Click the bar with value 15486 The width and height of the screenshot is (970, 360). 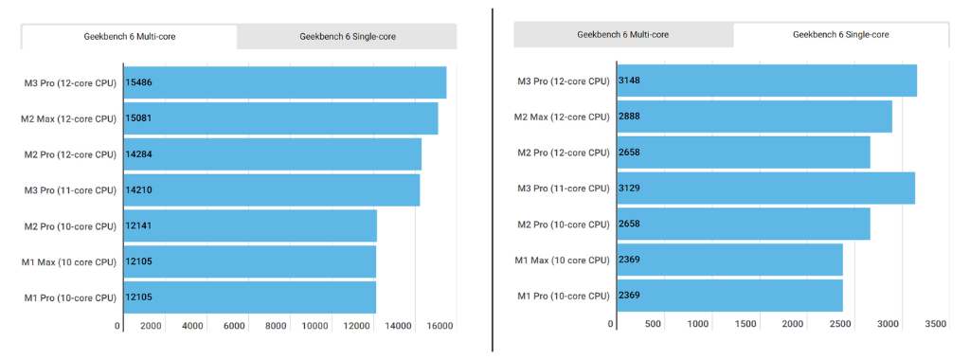pyautogui.click(x=284, y=82)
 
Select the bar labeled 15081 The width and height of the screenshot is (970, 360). pyautogui.click(x=280, y=118)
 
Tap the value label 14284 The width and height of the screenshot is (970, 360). pyautogui.click(x=139, y=154)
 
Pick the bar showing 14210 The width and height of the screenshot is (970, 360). pyautogui.click(x=271, y=190)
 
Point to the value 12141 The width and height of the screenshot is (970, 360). pyautogui.click(x=139, y=226)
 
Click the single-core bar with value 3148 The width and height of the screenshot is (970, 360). pyautogui.click(x=766, y=81)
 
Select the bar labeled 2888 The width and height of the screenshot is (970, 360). pyautogui.click(x=754, y=117)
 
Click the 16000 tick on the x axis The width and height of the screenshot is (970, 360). pyautogui.click(x=440, y=326)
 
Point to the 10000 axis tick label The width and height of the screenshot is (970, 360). pyautogui.click(x=315, y=326)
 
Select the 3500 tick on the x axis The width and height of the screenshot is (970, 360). pyautogui.click(x=935, y=324)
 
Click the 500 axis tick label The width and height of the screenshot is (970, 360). pyautogui.click(x=653, y=324)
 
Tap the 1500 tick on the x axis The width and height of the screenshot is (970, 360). pyautogui.click(x=745, y=324)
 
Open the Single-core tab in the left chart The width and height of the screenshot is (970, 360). pyautogui.click(x=347, y=37)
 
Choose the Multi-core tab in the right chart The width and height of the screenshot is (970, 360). pyautogui.click(x=622, y=35)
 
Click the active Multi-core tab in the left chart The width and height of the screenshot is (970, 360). pyautogui.click(x=130, y=37)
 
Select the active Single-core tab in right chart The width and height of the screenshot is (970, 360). pyautogui.click(x=840, y=35)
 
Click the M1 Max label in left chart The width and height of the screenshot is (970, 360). pyautogui.click(x=69, y=262)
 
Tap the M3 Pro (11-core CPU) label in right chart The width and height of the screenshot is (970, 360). pyautogui.click(x=563, y=189)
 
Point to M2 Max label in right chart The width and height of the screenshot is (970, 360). pyautogui.click(x=562, y=117)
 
